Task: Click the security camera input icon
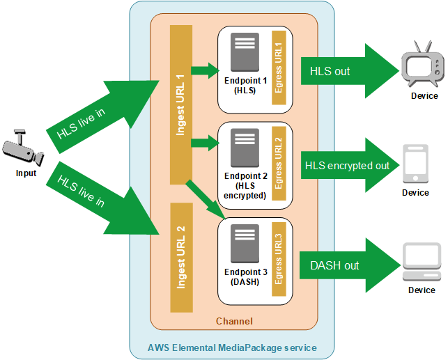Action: [22, 148]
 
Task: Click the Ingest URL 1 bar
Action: [181, 104]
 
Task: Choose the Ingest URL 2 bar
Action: [181, 258]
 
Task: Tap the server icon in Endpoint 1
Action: [245, 52]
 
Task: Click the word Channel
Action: [234, 321]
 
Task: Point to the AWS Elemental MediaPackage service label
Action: [232, 347]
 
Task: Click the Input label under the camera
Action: [26, 173]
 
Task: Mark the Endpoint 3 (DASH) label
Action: [245, 276]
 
